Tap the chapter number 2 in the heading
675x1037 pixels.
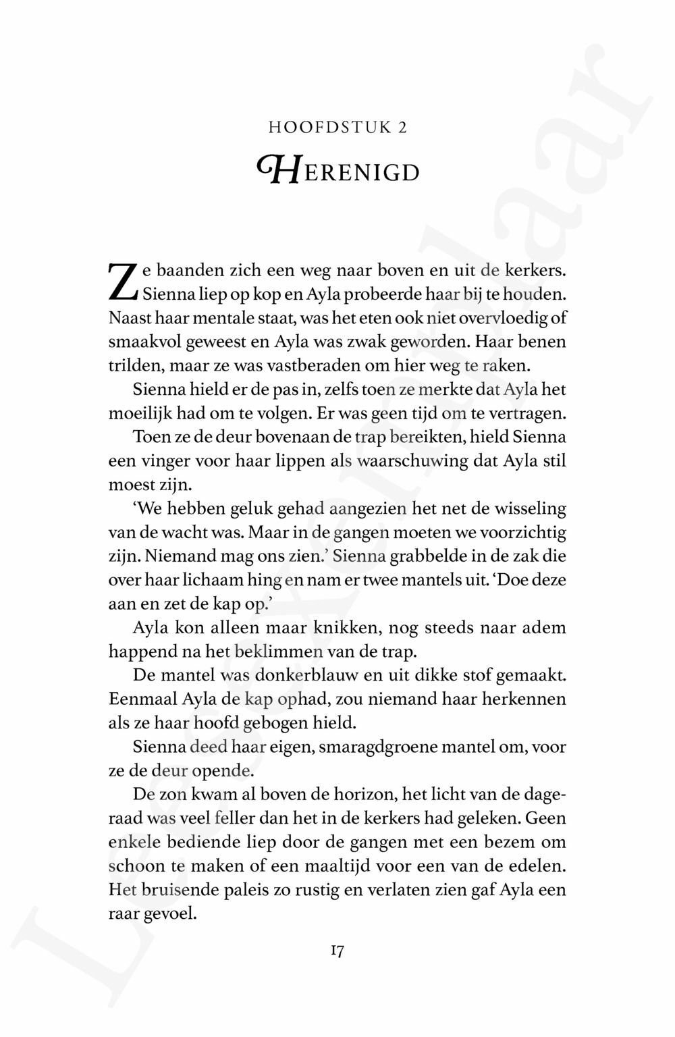(x=402, y=128)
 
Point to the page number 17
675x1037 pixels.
(x=337, y=952)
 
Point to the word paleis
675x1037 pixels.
(x=248, y=890)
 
